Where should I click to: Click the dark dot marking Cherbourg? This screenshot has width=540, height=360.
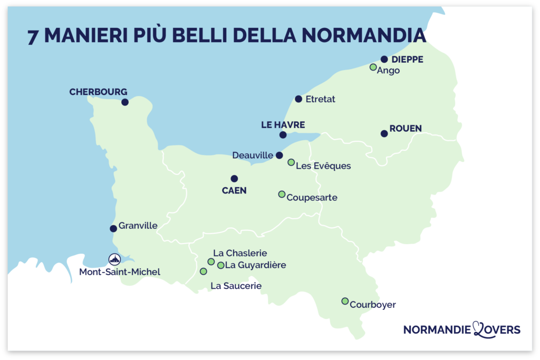[x=125, y=102]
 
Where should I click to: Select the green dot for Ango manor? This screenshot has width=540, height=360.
[x=373, y=67]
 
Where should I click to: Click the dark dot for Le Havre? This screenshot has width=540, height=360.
[x=283, y=135]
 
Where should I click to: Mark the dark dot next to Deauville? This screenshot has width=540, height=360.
[x=279, y=155]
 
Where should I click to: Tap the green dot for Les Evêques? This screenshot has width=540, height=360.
[x=291, y=162]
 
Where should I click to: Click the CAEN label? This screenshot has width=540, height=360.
[x=234, y=191]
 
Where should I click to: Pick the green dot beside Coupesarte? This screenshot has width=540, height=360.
[x=282, y=194]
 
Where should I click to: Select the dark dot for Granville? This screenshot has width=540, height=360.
[x=113, y=228]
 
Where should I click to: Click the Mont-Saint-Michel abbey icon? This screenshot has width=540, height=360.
[x=114, y=259]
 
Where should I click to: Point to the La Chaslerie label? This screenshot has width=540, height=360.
[x=240, y=253]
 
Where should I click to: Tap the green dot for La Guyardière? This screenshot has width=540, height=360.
[x=221, y=265]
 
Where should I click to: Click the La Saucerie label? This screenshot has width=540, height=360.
[x=236, y=286]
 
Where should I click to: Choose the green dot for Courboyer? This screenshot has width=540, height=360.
[x=345, y=301]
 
